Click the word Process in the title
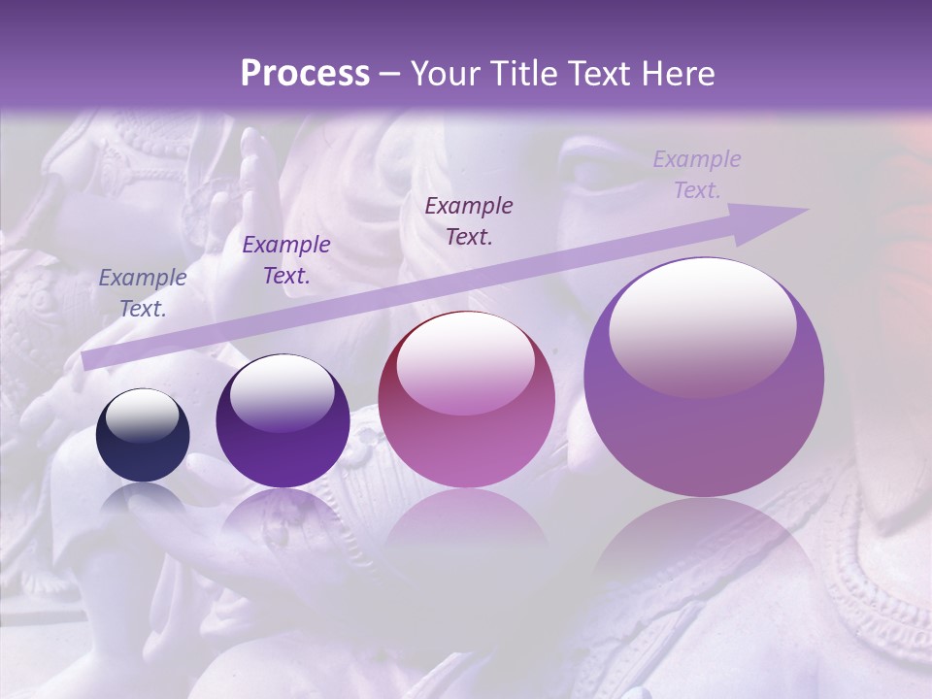[x=305, y=74]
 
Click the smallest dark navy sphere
[x=143, y=436]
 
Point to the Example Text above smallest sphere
[x=143, y=293]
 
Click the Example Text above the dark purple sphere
[x=286, y=260]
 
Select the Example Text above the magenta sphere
[x=469, y=220]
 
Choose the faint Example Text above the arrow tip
[x=697, y=175]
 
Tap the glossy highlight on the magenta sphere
[x=465, y=364]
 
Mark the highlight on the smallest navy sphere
[x=142, y=416]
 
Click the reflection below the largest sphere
[x=704, y=553]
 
